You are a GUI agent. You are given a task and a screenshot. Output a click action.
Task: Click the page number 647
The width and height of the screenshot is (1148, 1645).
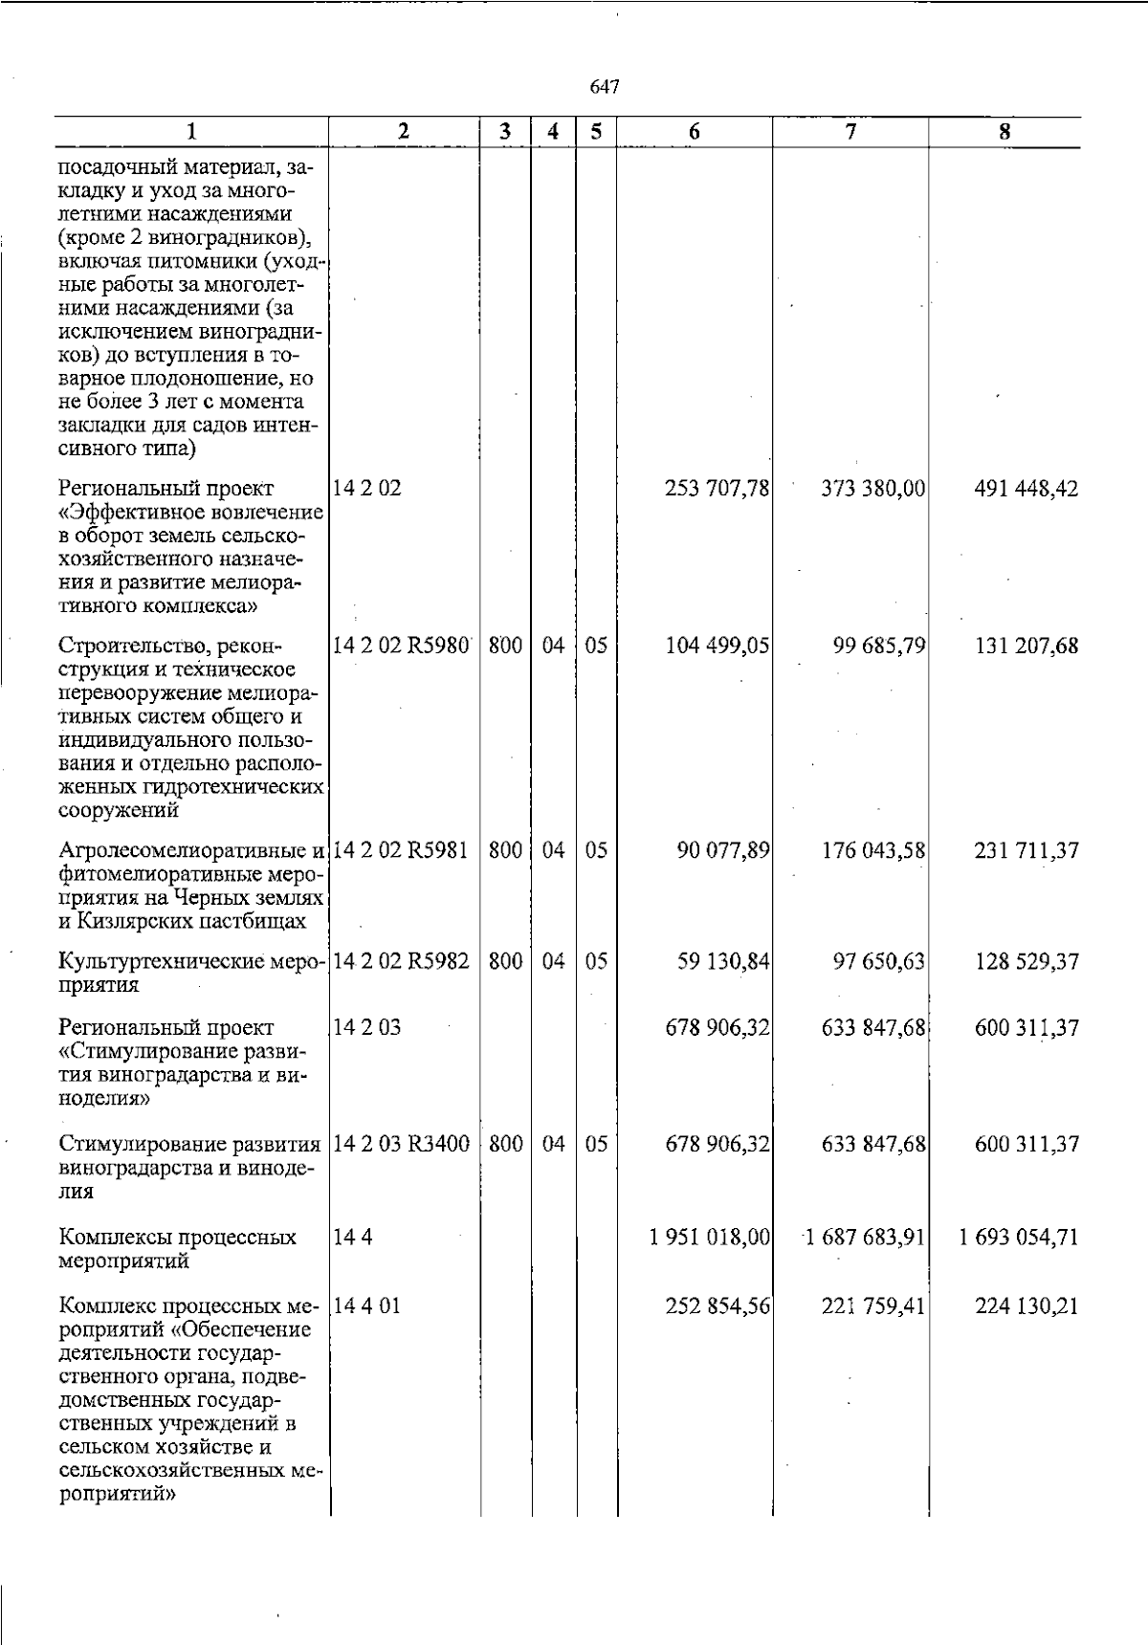click(605, 87)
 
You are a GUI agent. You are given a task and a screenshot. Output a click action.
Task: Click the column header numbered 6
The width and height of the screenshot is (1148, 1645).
click(695, 132)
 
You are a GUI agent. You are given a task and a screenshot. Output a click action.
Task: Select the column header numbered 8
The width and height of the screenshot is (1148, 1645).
click(1004, 132)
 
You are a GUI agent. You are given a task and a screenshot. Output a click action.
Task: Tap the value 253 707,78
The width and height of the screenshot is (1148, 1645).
click(717, 489)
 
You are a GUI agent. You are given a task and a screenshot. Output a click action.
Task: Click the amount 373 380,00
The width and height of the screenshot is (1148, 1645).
click(873, 489)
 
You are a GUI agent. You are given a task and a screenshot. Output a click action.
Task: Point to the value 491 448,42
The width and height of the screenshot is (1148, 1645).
click(1027, 489)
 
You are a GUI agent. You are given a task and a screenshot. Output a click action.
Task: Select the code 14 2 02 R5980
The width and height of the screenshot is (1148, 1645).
click(401, 646)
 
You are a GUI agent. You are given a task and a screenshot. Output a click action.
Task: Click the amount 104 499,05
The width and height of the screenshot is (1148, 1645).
click(717, 646)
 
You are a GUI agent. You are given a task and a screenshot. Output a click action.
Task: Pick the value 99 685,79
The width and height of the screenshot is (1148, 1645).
click(879, 646)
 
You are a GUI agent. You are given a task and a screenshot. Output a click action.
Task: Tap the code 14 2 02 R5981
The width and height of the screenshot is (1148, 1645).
click(401, 849)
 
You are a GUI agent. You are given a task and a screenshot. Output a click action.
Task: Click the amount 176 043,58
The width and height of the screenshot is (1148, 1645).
click(873, 849)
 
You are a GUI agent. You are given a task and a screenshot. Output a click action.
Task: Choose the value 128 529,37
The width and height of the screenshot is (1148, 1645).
click(1027, 961)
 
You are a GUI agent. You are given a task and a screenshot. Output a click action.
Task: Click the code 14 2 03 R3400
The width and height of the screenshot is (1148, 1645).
click(401, 1143)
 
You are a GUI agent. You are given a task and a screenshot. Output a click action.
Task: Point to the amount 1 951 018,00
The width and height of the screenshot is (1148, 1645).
click(710, 1237)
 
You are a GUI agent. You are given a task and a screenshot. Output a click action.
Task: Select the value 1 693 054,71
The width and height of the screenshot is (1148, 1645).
click(1019, 1237)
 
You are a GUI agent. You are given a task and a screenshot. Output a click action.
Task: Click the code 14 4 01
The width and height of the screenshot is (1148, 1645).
click(366, 1305)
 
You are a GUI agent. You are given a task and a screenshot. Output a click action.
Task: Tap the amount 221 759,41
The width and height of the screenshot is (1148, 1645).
click(873, 1305)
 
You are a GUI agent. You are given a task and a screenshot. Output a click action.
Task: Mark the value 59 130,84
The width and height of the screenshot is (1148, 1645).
click(723, 961)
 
